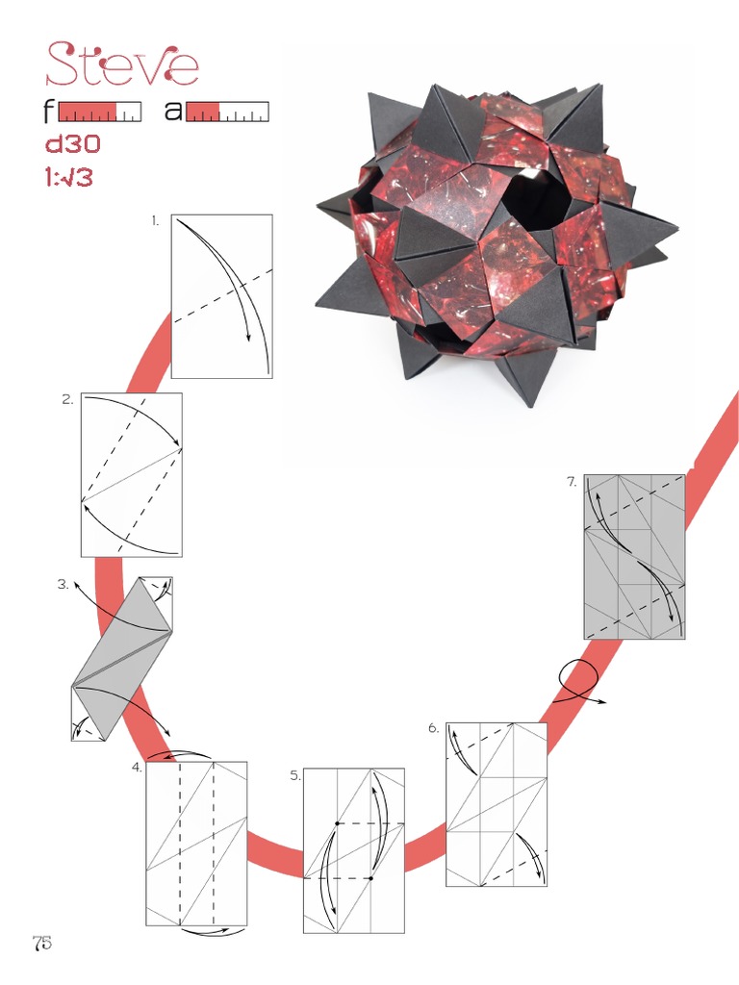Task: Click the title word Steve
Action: (122, 64)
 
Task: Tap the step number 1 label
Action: (155, 221)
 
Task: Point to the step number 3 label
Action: (63, 583)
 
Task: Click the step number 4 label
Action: (138, 768)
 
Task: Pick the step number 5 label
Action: (295, 775)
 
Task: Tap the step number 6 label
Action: (434, 729)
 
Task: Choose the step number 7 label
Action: (572, 482)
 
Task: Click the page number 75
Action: (41, 943)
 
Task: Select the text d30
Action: (73, 145)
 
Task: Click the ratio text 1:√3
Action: (69, 177)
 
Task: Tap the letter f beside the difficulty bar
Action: (49, 112)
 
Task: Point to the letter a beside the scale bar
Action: (173, 112)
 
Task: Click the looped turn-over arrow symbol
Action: (577, 680)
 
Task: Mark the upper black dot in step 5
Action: (338, 824)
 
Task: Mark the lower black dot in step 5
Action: (370, 878)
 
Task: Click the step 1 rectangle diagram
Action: (221, 296)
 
